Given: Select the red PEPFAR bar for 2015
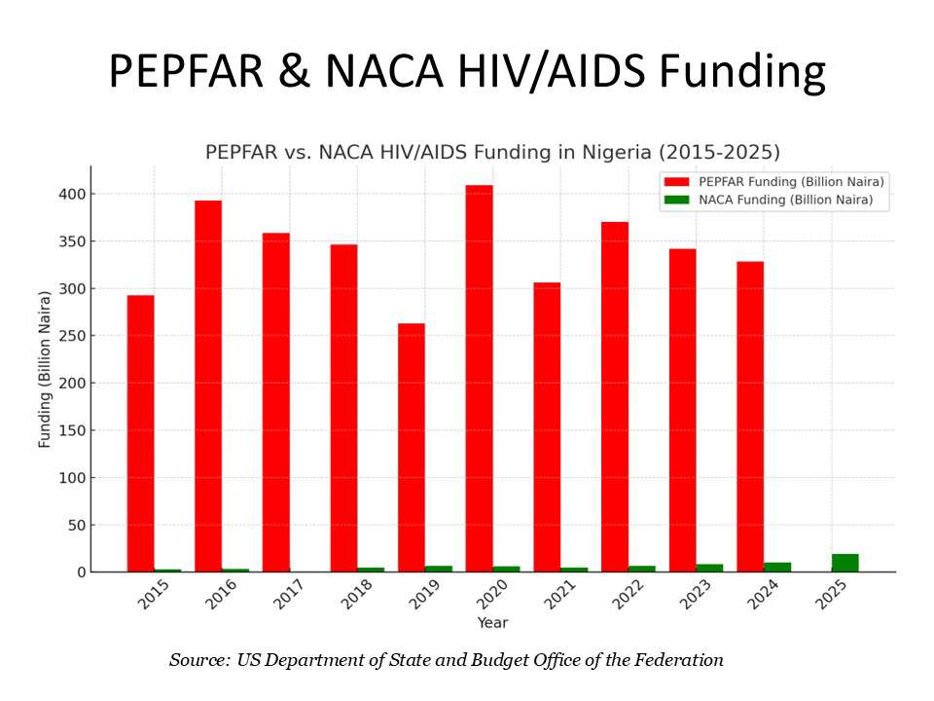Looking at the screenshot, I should [x=140, y=433].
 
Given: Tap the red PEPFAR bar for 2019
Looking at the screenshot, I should [x=412, y=448].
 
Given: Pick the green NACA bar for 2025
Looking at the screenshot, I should [x=845, y=563].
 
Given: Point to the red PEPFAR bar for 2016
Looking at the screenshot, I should [x=208, y=386].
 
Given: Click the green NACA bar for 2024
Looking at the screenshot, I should [x=777, y=567].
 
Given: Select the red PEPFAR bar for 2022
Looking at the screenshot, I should [x=615, y=397].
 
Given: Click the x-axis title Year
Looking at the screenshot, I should [x=492, y=622].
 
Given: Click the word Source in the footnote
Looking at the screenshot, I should [x=198, y=660].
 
